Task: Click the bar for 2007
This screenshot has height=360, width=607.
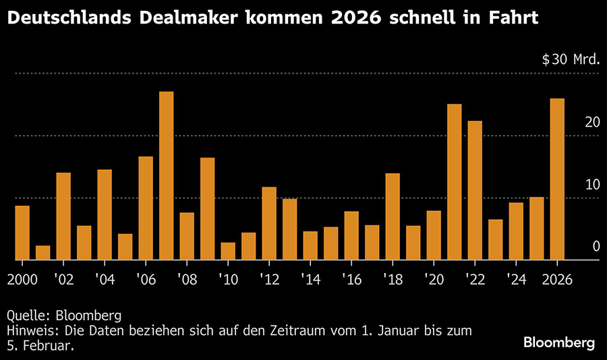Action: pos(167,176)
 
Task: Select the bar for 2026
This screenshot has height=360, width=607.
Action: pos(557,179)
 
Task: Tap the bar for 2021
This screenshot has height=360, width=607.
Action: pos(455,182)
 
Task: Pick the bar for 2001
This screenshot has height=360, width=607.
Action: pos(43,253)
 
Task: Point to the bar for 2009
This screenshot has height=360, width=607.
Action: pos(208,209)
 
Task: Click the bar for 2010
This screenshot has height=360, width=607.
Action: pos(228,251)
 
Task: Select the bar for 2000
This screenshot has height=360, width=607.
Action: pos(22,233)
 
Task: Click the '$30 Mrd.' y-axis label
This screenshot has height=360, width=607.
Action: pos(571,59)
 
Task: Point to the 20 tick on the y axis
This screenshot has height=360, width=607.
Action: pos(592,122)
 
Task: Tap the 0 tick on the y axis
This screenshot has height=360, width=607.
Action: pos(596,247)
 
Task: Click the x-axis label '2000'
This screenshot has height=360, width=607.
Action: pos(22,279)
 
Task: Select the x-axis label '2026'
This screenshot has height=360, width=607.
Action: pos(557,279)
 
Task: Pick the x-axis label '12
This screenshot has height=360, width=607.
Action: pos(269,279)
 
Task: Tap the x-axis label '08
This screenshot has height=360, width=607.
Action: pos(187,279)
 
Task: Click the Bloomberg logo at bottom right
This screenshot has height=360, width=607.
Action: pos(560,343)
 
